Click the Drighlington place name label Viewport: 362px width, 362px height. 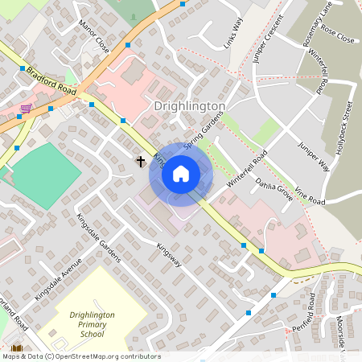tap(189, 106)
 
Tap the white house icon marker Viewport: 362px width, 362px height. tap(181, 174)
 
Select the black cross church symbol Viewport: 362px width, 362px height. tap(141, 162)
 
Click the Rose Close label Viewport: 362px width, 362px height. tap(338, 32)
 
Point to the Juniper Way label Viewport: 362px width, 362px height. tap(314, 156)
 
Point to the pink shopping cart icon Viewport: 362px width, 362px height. tap(27, 107)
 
